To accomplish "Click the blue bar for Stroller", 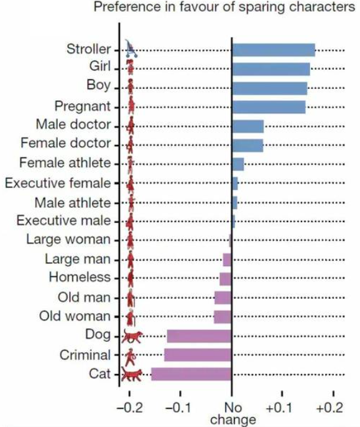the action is [274, 50].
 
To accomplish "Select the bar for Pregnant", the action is [269, 107].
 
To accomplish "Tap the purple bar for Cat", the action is [192, 374].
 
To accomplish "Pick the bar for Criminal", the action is [198, 355].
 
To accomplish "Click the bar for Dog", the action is [199, 336].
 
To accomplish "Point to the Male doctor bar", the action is [248, 126].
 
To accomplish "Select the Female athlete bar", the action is [238, 164].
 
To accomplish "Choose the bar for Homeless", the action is [226, 279].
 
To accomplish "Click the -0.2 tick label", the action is [129, 408].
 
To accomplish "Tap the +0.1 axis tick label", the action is [279, 408].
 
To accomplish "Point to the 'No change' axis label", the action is [233, 414].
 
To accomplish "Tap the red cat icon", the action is [132, 375].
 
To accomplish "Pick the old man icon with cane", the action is [131, 298].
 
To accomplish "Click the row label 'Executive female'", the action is [58, 183].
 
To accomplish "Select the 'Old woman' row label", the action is [75, 316].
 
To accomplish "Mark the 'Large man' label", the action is [78, 259].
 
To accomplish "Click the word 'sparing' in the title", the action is [262, 7].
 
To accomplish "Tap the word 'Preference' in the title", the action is [127, 6].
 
